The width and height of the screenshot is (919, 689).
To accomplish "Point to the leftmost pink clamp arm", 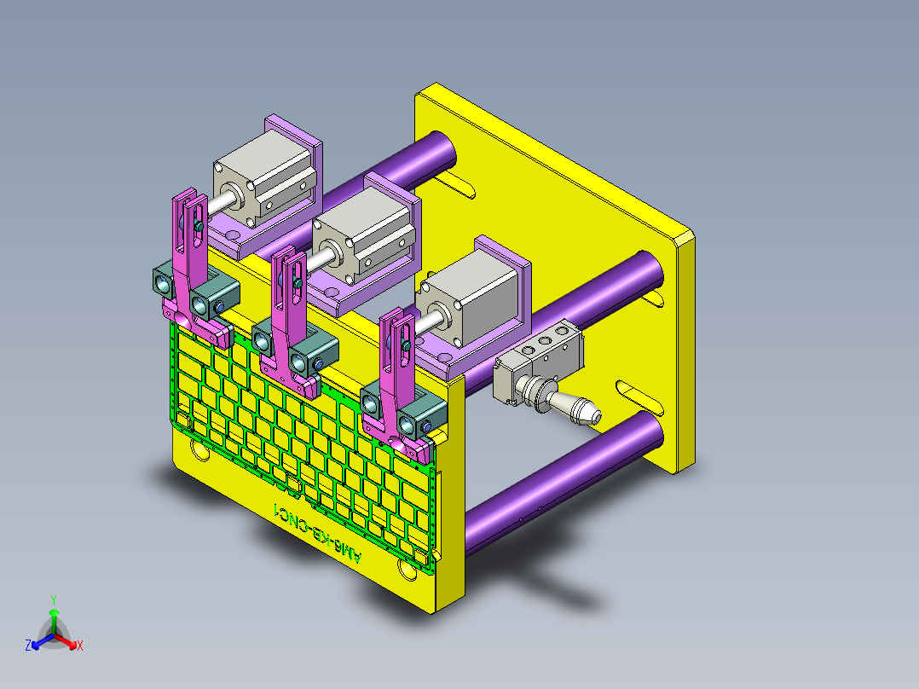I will click(191, 256).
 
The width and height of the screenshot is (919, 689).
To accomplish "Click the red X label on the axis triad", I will click(80, 646).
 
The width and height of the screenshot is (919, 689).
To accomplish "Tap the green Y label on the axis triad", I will click(53, 599).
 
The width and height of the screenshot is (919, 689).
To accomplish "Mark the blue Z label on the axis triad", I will click(28, 646).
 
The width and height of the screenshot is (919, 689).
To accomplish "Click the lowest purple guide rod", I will click(563, 473).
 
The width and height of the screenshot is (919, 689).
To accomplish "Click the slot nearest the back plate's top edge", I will click(456, 182).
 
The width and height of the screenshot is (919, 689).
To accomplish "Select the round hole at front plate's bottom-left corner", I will click(199, 449).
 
